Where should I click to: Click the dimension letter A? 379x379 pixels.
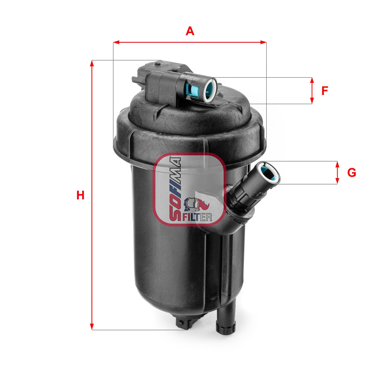click(190, 31)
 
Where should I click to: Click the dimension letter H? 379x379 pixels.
click(80, 195)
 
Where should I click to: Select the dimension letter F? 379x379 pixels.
click(325, 91)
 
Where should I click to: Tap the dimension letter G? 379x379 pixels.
click(351, 173)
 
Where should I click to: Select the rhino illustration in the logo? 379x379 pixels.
click(197, 204)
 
